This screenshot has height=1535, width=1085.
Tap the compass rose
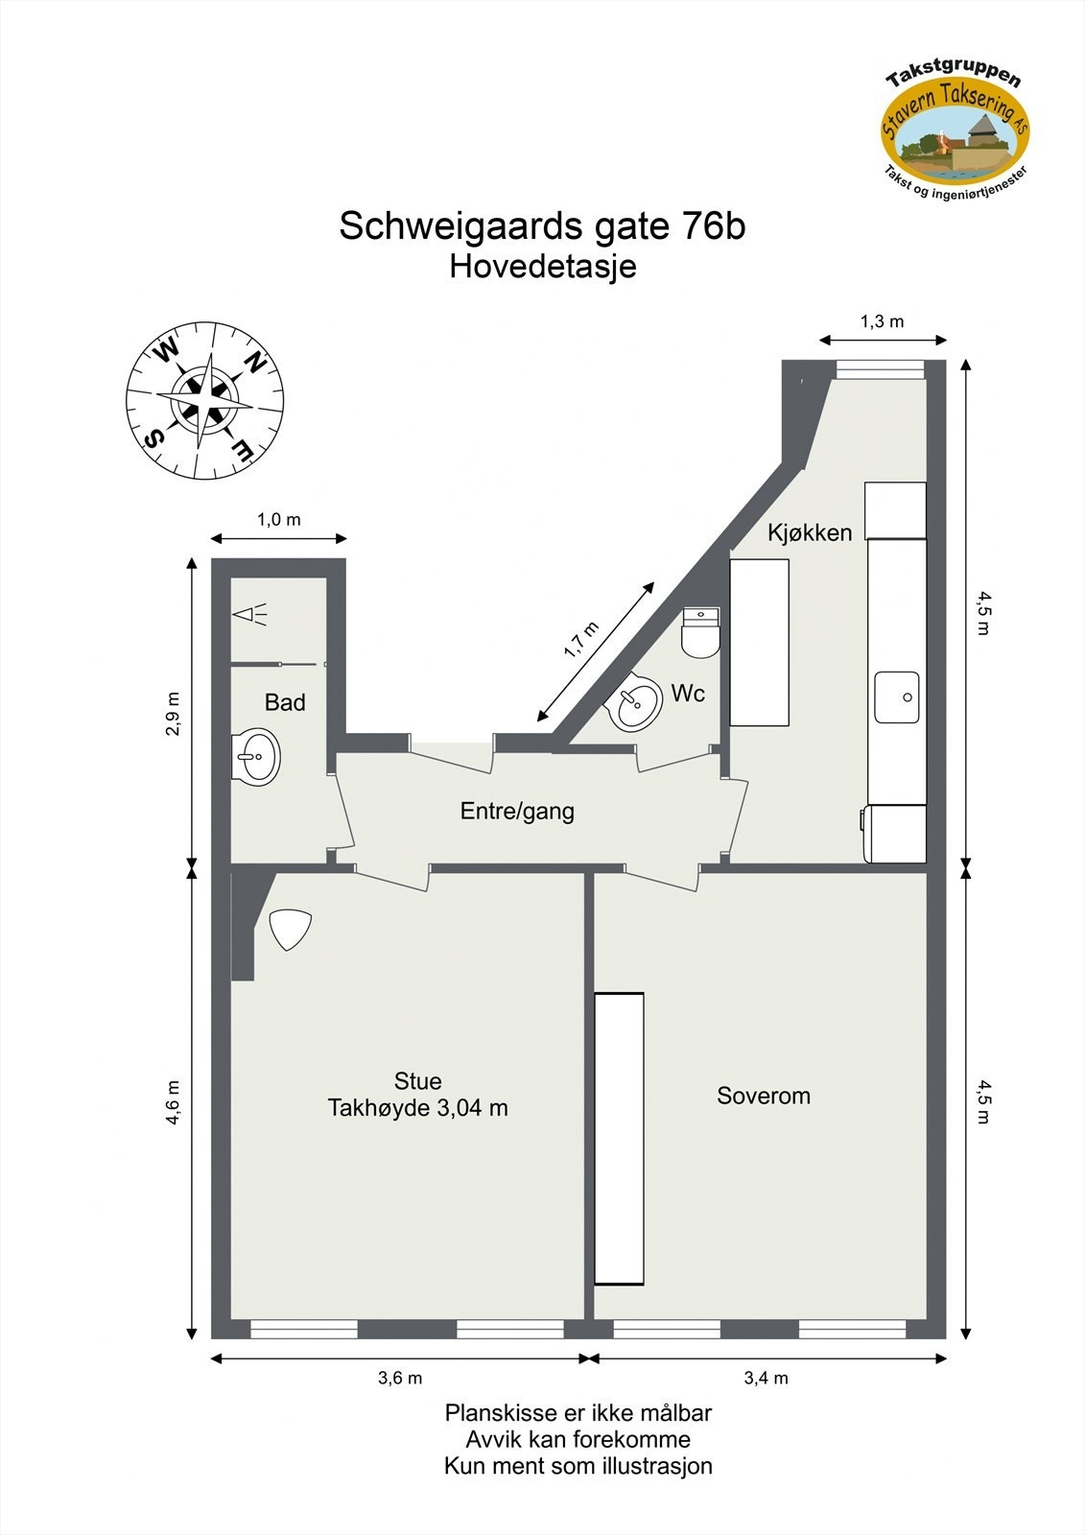point(204,400)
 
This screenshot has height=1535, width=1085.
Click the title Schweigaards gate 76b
point(542,226)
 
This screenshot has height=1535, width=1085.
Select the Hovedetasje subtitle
point(542,266)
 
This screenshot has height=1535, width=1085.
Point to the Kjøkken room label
point(809,532)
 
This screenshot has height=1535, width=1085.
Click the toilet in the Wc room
point(700,632)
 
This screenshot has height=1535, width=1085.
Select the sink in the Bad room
point(256,757)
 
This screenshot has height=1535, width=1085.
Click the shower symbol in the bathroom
point(249,615)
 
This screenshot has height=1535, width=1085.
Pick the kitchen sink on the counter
point(897,697)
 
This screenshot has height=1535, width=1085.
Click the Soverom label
point(764,1096)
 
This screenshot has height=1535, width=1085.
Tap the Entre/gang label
point(517,812)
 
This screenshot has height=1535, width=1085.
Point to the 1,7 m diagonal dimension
point(581,640)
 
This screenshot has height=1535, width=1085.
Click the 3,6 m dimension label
point(400,1379)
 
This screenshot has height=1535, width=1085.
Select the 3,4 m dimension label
point(767,1379)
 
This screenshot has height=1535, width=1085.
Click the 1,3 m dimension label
point(882,321)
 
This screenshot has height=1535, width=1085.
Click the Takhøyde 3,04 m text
point(418,1109)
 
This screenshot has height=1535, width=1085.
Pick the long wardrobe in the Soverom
point(619,1138)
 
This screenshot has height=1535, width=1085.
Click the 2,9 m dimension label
point(174,714)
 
